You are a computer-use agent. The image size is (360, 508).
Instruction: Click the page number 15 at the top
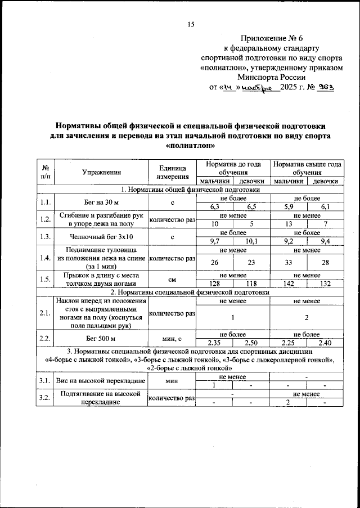[x=191, y=24]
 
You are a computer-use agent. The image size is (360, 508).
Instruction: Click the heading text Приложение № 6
[x=271, y=39]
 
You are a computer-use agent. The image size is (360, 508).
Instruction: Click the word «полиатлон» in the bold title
[x=191, y=145]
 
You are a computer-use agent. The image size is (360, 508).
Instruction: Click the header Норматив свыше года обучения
[x=307, y=168]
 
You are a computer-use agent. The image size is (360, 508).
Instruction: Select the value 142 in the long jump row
[x=288, y=284]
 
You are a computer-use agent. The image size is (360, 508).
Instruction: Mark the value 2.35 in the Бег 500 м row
[x=214, y=343]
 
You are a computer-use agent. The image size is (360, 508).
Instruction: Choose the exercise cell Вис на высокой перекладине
[x=101, y=381]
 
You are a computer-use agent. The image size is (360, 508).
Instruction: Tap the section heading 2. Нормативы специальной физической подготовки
[x=191, y=293]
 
